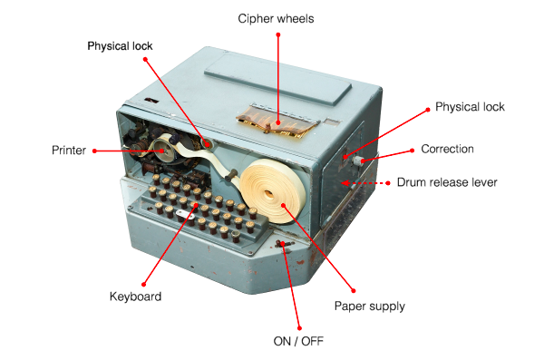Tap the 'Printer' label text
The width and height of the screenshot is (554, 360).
point(69,151)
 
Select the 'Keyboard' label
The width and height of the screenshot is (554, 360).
point(135,297)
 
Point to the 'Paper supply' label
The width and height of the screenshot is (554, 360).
point(369,306)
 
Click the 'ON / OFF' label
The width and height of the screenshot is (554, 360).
point(298,341)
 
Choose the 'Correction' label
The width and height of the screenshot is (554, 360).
point(447,149)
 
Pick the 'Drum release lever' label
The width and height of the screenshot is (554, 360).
point(447,182)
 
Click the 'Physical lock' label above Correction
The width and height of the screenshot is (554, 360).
point(470,107)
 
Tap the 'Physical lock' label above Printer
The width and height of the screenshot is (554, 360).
point(121,45)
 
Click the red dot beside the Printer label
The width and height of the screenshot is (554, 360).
point(95,151)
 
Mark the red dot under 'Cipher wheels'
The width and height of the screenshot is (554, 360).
point(278,35)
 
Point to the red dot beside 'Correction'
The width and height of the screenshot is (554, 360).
point(413,150)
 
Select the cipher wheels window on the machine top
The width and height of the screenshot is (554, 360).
point(272,119)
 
